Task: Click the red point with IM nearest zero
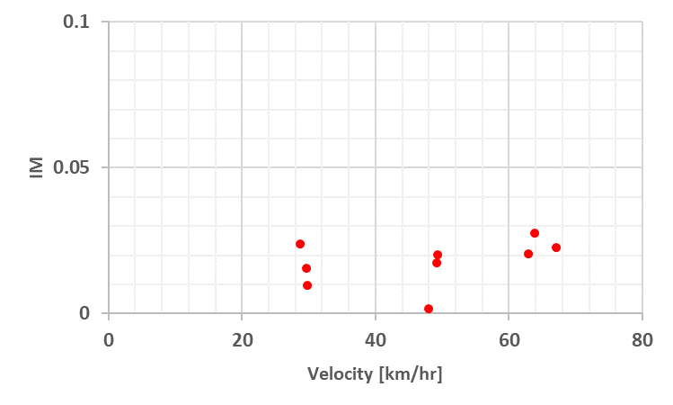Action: [429, 309]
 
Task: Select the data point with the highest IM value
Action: [535, 233]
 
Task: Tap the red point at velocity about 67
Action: [556, 247]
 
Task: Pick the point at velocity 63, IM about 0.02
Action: [528, 254]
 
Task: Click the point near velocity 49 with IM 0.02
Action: [438, 255]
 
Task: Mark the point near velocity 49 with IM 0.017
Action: [437, 263]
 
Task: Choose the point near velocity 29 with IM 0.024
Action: [300, 244]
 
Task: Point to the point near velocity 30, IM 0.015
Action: [306, 268]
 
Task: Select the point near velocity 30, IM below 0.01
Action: [307, 285]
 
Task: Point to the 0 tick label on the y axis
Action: [84, 313]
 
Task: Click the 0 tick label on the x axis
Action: [109, 339]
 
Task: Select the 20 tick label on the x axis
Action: [242, 339]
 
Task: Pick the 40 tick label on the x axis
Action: [376, 339]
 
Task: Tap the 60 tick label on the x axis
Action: [509, 339]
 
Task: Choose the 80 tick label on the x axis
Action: [642, 339]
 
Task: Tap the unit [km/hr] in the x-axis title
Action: [409, 373]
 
